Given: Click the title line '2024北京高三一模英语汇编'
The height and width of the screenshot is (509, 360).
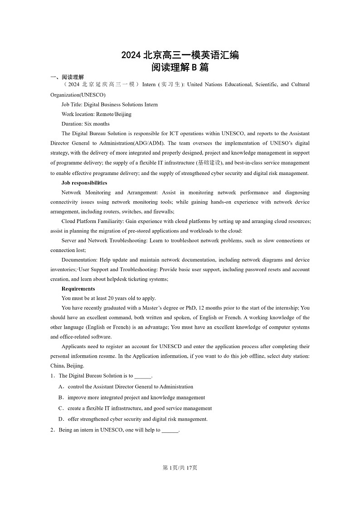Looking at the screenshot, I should coord(180,55).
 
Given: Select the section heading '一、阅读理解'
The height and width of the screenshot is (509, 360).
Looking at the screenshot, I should coord(67,77).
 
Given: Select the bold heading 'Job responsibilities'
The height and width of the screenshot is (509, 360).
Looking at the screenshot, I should coord(84,183).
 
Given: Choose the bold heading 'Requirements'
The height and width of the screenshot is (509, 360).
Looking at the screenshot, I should coord(78,289).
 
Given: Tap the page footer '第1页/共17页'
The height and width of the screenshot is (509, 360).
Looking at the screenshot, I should coord(180,468).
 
